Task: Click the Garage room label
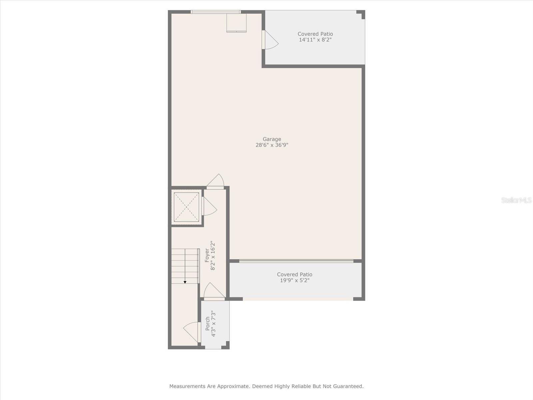pos(272,139)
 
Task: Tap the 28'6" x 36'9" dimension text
pos(272,145)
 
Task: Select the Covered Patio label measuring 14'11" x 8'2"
pos(315,34)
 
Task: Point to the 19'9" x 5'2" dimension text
pos(294,280)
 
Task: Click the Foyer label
pos(207,255)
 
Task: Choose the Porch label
pos(208,324)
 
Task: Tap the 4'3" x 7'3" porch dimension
pos(214,324)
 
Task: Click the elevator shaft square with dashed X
pos(187,207)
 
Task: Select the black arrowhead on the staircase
pos(185,282)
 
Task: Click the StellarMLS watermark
pos(516,200)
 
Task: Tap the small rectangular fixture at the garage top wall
pos(237,23)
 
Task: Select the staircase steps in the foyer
pos(185,266)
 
